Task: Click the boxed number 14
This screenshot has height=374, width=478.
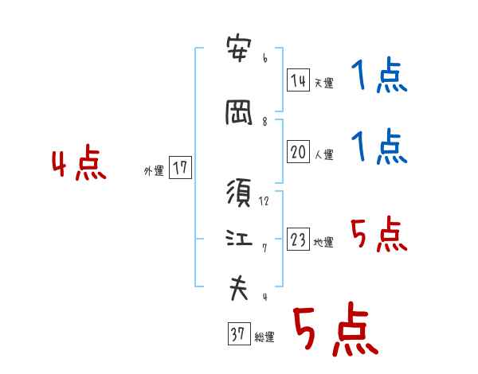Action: (x=298, y=80)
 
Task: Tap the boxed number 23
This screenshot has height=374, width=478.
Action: (x=298, y=240)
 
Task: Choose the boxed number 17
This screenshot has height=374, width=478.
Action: (x=180, y=168)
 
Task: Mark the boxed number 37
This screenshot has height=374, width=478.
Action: (x=237, y=335)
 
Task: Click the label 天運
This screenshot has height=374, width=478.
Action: (x=323, y=83)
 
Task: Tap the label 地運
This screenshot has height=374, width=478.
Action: (x=323, y=243)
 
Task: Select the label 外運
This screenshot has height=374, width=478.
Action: (x=153, y=170)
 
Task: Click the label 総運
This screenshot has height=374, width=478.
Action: (x=264, y=337)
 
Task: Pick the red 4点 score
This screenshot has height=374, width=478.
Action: (x=78, y=165)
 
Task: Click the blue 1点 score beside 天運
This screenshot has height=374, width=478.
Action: (x=378, y=77)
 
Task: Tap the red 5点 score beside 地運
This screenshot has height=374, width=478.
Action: (x=378, y=234)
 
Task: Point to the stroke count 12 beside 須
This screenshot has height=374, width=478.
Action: (x=264, y=202)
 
